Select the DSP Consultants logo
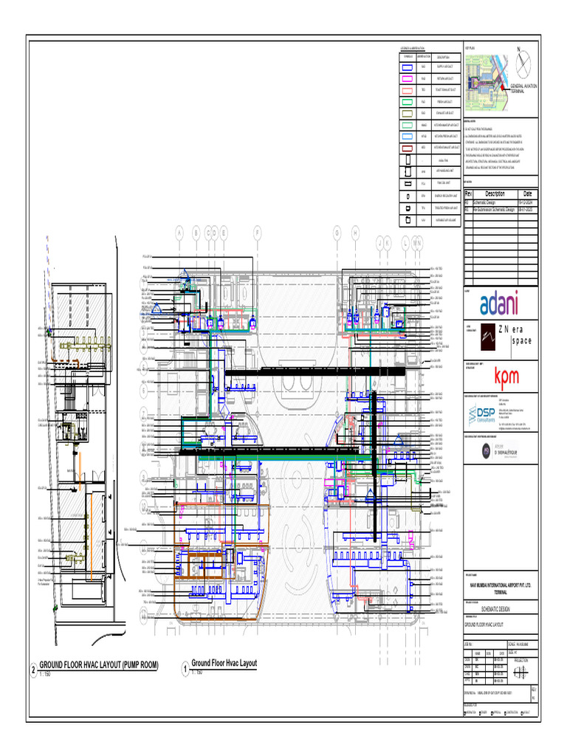(x=485, y=415)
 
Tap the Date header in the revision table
(x=528, y=193)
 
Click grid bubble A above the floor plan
(x=179, y=233)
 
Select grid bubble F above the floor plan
(x=258, y=233)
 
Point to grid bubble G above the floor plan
(x=337, y=233)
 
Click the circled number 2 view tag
(x=32, y=670)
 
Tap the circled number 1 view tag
(x=185, y=669)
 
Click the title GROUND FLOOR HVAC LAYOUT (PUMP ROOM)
(x=98, y=665)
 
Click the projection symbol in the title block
(x=522, y=670)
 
